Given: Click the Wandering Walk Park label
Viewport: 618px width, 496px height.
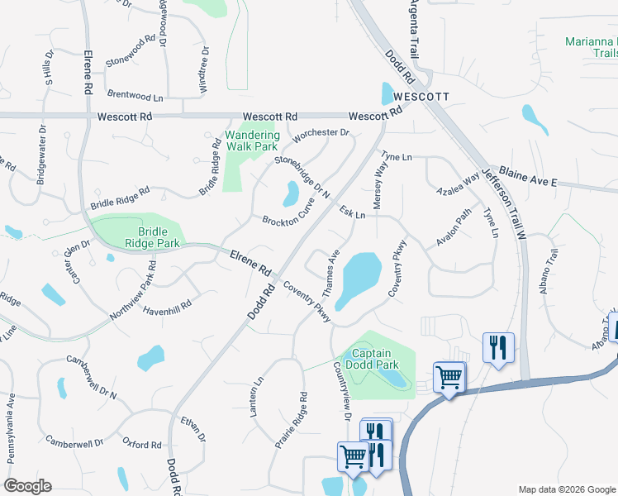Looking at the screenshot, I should pos(252,141).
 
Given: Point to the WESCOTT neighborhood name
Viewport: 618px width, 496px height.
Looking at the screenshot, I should pos(421,97).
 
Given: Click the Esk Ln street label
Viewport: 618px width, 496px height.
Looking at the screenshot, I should pos(352,213).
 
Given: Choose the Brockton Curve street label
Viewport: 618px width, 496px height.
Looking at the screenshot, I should pos(288,215).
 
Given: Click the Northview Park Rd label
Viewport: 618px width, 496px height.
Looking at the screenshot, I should pos(132,293).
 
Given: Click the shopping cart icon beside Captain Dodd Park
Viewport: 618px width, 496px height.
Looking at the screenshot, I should pos(449,378).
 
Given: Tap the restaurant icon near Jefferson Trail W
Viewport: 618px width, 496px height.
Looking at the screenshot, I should pos(498,346).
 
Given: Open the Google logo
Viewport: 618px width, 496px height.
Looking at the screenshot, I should pos(26,486).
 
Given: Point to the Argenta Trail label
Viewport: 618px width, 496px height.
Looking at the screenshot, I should pos(415,29).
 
